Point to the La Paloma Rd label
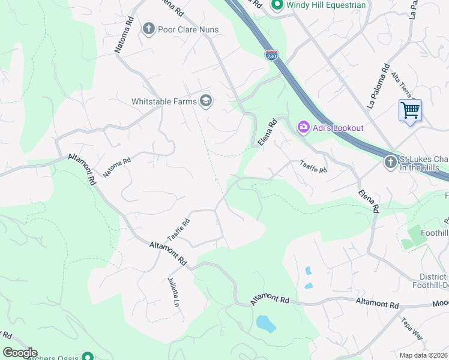click(x=379, y=86)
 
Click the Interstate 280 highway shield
click(x=271, y=55)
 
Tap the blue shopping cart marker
click(x=410, y=110)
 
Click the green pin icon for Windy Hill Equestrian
click(x=277, y=5)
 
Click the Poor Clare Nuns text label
click(x=188, y=29)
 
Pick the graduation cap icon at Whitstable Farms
click(x=206, y=101)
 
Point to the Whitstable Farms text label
click(x=164, y=101)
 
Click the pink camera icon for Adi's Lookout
click(x=303, y=127)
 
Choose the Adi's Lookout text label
click(x=337, y=128)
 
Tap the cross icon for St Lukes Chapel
click(x=390, y=163)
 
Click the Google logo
click(x=20, y=353)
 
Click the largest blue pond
click(x=266, y=324)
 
